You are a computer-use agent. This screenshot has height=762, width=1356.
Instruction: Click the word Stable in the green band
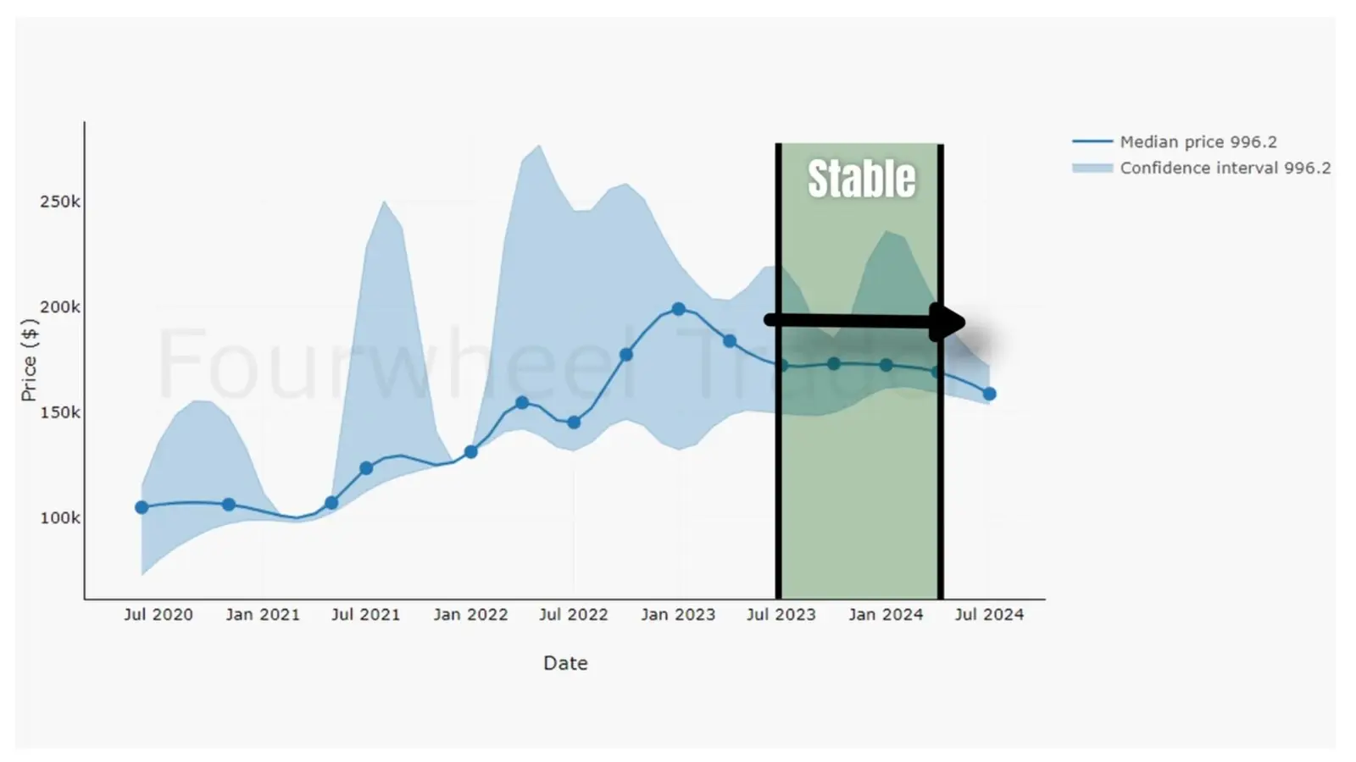click(x=861, y=179)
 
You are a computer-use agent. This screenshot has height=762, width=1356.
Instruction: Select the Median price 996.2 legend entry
click(x=1198, y=142)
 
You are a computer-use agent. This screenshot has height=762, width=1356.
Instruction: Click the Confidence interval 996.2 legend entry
click(x=1225, y=168)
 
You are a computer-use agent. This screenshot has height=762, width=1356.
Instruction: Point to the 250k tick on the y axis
click(x=60, y=202)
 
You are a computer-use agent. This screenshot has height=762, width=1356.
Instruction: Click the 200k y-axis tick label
click(x=60, y=307)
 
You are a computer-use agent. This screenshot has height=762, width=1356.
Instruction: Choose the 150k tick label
click(x=60, y=412)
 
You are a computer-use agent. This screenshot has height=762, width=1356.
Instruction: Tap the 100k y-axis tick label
click(x=60, y=517)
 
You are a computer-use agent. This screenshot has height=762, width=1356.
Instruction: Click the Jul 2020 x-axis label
click(x=158, y=615)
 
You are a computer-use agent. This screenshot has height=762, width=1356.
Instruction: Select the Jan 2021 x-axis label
click(x=263, y=615)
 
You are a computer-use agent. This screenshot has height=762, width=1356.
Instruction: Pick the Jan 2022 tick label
click(x=470, y=615)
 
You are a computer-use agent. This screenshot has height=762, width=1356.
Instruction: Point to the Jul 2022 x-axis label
click(x=574, y=615)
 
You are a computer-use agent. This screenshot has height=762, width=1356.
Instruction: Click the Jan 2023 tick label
click(x=678, y=615)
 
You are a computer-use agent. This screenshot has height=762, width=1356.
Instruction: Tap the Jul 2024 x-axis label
click(x=989, y=615)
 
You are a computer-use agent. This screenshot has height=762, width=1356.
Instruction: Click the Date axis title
click(x=565, y=663)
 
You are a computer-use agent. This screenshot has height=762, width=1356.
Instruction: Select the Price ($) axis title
click(x=30, y=360)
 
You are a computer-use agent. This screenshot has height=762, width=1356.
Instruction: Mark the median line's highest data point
click(x=678, y=309)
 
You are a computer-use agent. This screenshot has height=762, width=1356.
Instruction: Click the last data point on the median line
click(x=989, y=394)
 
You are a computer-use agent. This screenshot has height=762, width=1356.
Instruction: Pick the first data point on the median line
click(x=142, y=507)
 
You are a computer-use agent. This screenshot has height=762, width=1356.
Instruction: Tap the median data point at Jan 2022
click(x=471, y=452)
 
